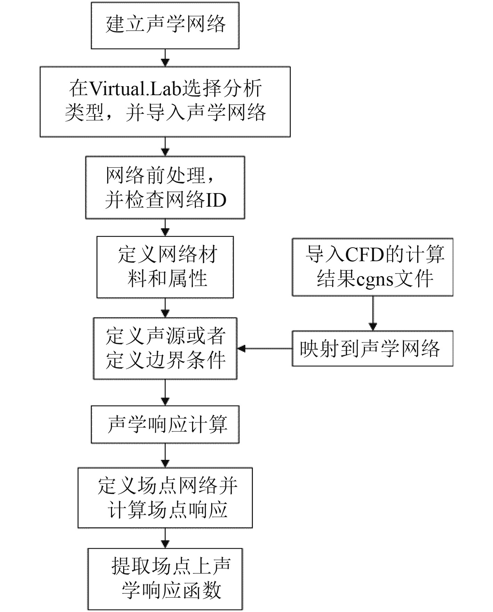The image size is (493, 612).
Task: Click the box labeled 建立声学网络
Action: coord(165,25)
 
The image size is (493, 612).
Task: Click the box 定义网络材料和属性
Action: coord(165,267)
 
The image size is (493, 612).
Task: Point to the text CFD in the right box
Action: coord(364,255)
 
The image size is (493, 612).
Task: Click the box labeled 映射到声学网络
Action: coord(372,348)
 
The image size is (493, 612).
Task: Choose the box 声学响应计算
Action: coord(165,424)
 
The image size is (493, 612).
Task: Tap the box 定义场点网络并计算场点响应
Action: coord(165,498)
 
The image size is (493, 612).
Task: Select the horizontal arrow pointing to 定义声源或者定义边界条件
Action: coord(264,348)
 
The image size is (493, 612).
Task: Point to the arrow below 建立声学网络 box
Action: coord(165,58)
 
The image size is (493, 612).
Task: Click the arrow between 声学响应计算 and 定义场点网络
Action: coord(165,455)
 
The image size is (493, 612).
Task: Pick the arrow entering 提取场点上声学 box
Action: coord(165,538)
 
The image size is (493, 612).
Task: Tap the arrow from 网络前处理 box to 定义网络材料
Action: coord(165,228)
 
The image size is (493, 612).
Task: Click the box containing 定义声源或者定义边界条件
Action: coord(165,348)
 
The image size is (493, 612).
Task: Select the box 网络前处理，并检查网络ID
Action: coord(165,188)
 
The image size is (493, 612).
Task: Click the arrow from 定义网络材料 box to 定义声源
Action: coord(165,308)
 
